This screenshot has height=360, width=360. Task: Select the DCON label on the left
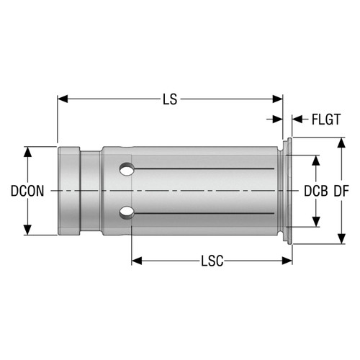[x=27, y=192]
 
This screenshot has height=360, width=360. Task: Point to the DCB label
[x=315, y=192]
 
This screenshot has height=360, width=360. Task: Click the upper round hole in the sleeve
[x=127, y=171]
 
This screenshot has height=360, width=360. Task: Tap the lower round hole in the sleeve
[x=127, y=212]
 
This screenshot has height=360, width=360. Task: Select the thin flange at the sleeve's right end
[x=288, y=191]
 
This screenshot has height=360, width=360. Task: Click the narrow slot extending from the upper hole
[x=202, y=170]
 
